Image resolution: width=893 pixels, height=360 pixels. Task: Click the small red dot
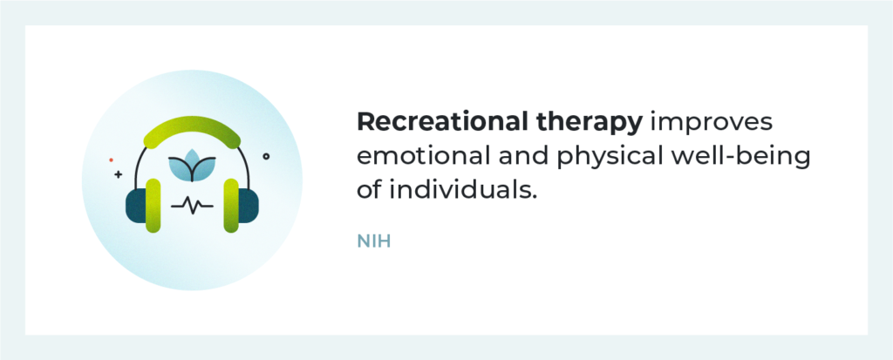111,160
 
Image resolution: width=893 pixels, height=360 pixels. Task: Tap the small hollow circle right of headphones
266,156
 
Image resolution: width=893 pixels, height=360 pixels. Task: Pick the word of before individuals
369,189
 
